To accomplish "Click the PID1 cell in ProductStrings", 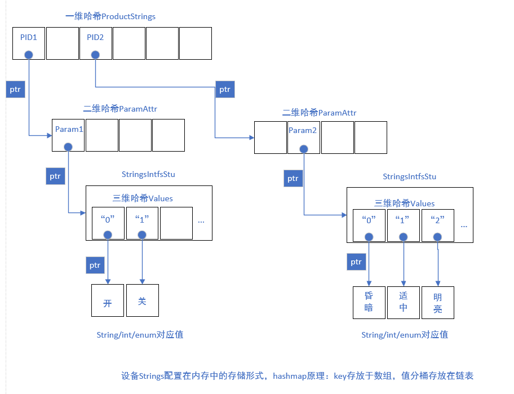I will click(29, 43).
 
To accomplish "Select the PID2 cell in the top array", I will click(95, 43).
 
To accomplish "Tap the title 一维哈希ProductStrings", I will click(110, 16).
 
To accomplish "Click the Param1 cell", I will click(69, 135).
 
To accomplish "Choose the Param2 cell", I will click(304, 138).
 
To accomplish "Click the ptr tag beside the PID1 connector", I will click(16, 89).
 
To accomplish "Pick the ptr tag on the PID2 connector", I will click(225, 89).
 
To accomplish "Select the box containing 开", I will click(108, 300).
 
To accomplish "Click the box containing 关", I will click(143, 300).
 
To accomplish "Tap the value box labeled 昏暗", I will click(369, 303).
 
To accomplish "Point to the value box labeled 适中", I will click(404, 303).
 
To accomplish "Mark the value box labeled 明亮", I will click(438, 303).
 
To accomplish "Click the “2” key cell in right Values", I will click(438, 225).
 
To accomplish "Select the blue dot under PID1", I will click(28, 55).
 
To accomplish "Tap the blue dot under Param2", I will click(304, 149).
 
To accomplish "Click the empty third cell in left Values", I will click(176, 223).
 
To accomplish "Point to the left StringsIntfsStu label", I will click(148, 174).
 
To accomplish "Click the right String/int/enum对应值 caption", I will click(405, 335).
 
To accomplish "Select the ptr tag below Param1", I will click(55, 176).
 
